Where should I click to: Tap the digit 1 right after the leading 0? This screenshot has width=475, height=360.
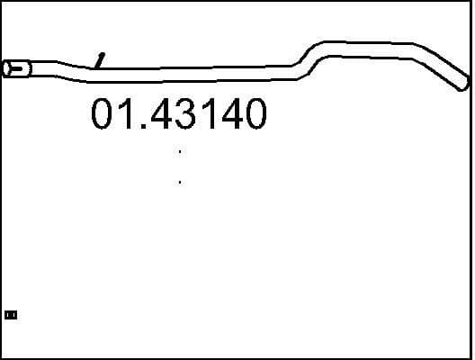129,115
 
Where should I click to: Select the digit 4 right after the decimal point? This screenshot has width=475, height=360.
162,115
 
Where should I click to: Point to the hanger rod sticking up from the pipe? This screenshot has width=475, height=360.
101,59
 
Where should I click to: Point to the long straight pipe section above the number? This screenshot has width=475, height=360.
198,67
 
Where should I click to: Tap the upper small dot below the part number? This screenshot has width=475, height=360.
180,152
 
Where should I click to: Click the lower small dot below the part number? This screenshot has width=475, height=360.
180,183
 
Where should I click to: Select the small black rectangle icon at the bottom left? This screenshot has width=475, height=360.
11,315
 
